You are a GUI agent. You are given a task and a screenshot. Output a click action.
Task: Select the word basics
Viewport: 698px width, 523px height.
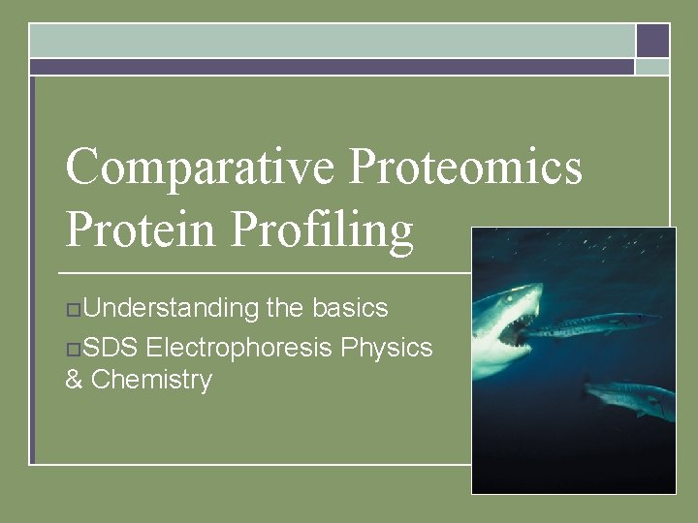tap(350, 308)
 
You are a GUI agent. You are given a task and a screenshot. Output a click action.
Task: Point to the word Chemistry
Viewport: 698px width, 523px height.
tap(151, 380)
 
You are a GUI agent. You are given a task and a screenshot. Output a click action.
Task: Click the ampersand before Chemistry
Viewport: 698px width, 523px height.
tap(74, 380)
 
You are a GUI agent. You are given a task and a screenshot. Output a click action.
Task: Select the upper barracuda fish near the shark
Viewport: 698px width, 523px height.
tap(591, 323)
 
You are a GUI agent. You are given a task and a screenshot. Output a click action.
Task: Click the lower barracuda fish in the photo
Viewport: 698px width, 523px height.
tap(630, 394)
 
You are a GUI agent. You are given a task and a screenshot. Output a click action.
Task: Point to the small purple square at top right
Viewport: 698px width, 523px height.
tap(652, 41)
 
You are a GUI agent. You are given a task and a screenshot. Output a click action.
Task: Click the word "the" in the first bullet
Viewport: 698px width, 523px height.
tap(285, 308)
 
